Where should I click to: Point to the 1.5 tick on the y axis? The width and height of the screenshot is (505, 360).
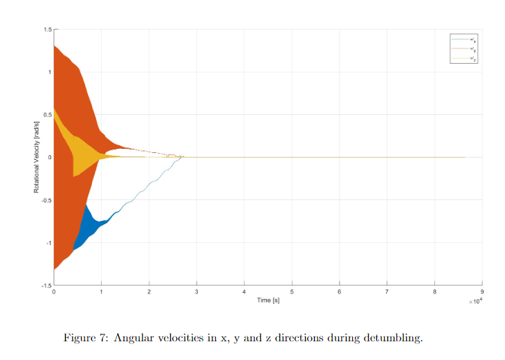48,30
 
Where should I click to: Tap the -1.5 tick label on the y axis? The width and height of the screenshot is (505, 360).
46,285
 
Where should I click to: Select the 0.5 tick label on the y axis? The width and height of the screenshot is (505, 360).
48,115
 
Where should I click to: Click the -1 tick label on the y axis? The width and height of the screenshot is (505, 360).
48,243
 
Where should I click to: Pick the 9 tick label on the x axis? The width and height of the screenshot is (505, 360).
481,292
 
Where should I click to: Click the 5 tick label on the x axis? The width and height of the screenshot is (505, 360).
291,292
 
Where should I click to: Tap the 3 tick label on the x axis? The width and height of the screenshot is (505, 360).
196,292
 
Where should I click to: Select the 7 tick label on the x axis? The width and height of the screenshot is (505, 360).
387,292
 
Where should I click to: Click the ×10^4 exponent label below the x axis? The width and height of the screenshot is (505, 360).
475,301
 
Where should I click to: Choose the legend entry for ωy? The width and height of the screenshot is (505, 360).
463,50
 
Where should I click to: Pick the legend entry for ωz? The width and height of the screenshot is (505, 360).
463,59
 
